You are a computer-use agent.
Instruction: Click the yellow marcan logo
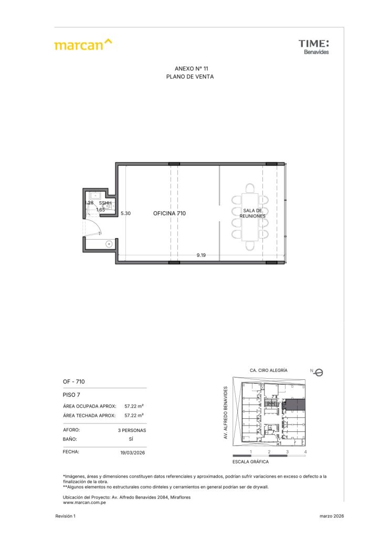point(83,45)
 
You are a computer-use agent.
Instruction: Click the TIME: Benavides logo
point(313,47)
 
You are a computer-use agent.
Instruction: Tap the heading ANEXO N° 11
point(191,69)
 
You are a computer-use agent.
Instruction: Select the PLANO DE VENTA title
point(190,77)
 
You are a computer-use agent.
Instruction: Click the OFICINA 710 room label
point(170,213)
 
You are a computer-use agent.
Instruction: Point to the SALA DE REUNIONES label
point(252,213)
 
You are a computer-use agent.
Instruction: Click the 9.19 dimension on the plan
point(201,255)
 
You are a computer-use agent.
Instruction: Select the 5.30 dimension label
point(125,213)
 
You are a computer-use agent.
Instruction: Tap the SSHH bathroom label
point(105,203)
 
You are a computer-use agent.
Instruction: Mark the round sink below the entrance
point(109,244)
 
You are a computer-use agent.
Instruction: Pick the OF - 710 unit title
point(73,381)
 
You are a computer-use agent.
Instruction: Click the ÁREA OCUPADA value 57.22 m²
point(134,406)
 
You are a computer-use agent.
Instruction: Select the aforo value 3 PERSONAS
point(132,430)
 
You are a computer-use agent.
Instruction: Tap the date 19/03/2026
point(133,452)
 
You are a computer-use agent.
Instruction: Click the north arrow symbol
point(319,373)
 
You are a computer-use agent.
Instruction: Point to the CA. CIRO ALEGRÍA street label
point(269,370)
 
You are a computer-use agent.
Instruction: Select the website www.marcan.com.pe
point(85,503)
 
